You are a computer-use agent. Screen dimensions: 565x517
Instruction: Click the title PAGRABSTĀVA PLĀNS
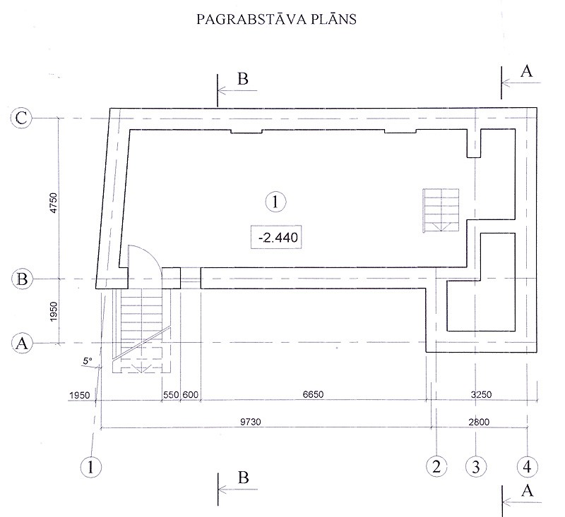276,19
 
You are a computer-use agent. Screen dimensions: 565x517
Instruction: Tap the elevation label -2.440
276,238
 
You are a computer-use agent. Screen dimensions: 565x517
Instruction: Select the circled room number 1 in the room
275,202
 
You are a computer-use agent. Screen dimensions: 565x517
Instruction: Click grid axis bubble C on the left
21,118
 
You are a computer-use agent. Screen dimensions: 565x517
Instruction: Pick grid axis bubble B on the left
22,279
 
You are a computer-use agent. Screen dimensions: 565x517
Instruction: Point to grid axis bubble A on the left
22,343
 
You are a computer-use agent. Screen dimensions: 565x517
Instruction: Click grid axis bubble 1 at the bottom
91,467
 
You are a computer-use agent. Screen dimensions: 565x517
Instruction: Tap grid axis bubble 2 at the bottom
436,466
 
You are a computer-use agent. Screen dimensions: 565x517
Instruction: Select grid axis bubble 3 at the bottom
476,467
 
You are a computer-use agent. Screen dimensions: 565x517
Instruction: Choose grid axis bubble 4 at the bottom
527,467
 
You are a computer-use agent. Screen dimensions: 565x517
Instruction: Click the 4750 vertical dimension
54,203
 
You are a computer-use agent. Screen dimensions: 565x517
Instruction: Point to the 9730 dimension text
251,422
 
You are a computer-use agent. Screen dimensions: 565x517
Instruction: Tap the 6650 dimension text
313,394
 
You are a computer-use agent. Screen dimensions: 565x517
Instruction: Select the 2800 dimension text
479,422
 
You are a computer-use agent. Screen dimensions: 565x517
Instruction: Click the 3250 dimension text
482,394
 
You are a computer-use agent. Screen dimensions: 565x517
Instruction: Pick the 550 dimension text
171,395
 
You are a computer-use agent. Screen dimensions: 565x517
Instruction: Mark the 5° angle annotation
88,361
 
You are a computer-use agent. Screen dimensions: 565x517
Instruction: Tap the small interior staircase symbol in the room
441,210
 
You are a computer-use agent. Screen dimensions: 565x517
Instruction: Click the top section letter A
526,71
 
